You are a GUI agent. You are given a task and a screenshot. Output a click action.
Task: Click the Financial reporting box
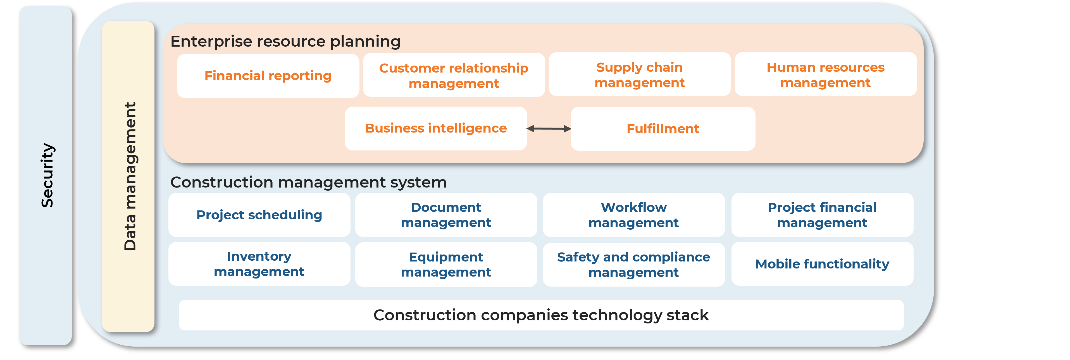tap(268, 76)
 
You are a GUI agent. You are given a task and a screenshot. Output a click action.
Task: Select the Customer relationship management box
tap(454, 75)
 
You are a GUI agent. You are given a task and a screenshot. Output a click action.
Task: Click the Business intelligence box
tap(436, 128)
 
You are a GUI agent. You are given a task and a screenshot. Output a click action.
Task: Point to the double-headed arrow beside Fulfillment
tap(549, 129)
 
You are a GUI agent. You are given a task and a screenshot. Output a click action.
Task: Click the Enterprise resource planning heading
tap(285, 42)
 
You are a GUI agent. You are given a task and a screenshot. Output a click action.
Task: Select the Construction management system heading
tap(308, 182)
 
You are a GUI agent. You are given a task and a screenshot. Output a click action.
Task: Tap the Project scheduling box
tap(259, 215)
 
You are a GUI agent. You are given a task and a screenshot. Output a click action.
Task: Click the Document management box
tap(446, 215)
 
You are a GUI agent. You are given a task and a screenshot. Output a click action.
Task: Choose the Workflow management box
tap(633, 215)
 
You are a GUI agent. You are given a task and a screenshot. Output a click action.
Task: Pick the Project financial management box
tap(822, 215)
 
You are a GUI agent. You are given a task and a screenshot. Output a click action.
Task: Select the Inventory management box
tap(259, 264)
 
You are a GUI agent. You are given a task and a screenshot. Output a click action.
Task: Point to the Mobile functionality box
tap(822, 264)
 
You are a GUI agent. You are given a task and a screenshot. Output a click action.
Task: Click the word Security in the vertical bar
tap(47, 175)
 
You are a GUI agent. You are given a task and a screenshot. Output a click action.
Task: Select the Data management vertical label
tap(130, 176)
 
